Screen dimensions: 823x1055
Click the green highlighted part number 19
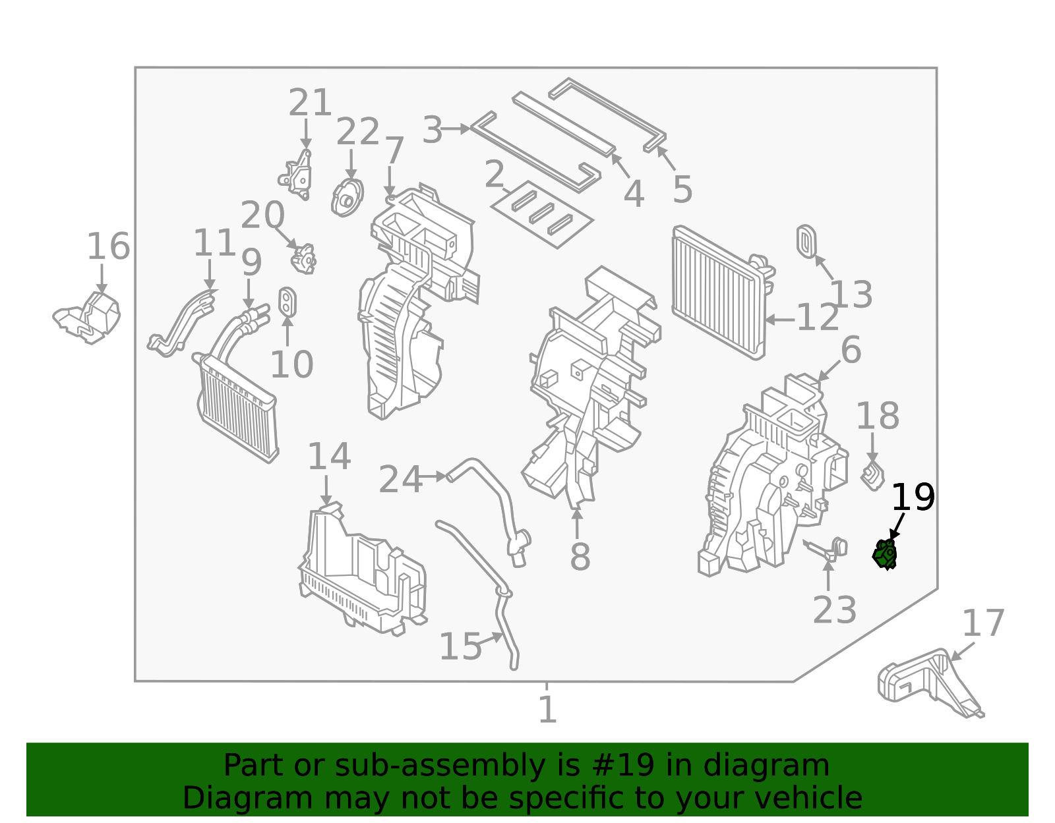(885, 554)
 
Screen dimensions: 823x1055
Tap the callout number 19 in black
(913, 498)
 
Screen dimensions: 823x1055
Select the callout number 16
(109, 247)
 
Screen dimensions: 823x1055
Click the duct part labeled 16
(89, 318)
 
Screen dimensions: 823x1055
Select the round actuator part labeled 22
(347, 196)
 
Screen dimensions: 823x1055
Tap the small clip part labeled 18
(873, 476)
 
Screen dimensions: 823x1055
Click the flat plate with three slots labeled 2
(542, 214)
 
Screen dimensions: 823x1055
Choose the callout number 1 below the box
(547, 710)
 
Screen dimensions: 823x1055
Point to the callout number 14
(329, 457)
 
